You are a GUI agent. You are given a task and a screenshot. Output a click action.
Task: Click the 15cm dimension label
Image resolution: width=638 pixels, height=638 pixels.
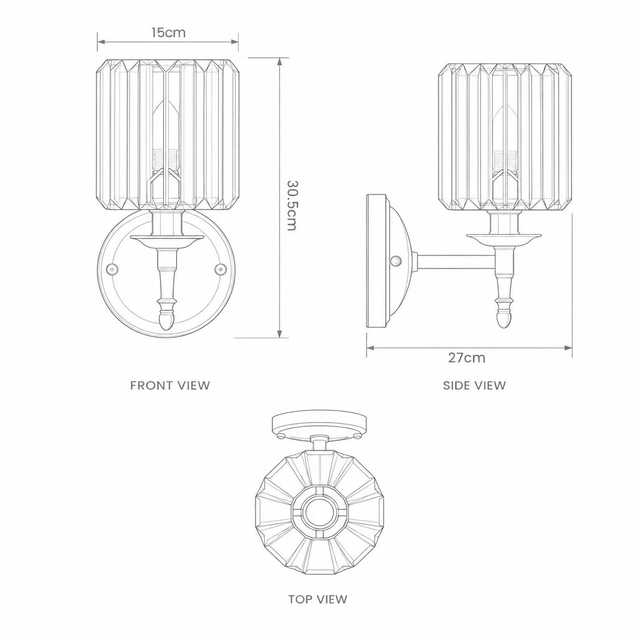(168, 32)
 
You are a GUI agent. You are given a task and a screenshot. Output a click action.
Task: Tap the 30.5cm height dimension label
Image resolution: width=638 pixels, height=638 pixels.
(292, 206)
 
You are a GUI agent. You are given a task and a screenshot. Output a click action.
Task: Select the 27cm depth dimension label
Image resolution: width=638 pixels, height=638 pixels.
(467, 358)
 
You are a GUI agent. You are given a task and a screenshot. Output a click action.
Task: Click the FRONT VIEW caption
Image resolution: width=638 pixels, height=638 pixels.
(170, 385)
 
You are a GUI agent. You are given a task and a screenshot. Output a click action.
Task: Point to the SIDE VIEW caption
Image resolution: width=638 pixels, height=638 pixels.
(474, 385)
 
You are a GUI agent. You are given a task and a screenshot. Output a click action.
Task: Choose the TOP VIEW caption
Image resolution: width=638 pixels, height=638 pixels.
(318, 599)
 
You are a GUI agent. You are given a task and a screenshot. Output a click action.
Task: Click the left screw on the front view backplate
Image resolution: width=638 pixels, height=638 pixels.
(112, 269)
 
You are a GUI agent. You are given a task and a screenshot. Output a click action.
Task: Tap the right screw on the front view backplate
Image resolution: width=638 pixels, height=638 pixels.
(221, 269)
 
